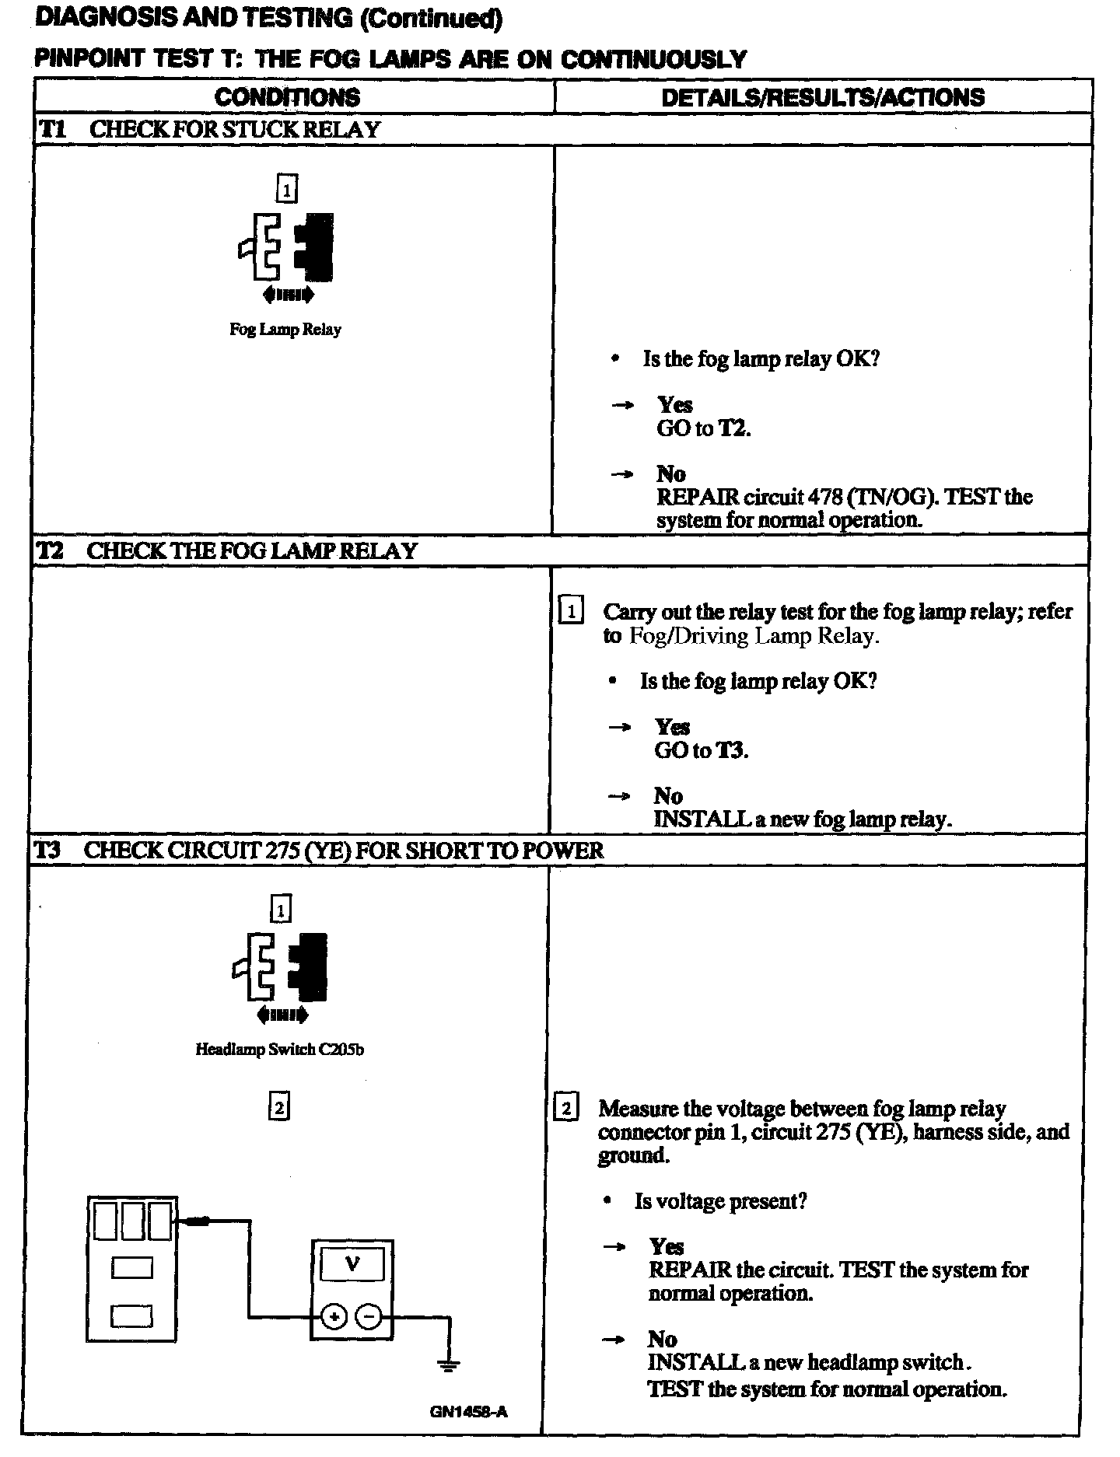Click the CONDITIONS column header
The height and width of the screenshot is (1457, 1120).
pos(287,97)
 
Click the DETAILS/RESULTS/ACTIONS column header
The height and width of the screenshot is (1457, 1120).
pos(822,97)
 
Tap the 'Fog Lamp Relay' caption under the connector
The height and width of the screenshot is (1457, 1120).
pos(285,329)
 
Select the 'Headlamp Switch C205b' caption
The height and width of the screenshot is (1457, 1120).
pos(279,1050)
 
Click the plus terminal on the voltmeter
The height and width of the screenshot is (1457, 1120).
pos(334,1316)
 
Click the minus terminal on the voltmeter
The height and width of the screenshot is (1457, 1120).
pos(369,1316)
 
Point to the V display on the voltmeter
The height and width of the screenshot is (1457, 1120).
pos(352,1265)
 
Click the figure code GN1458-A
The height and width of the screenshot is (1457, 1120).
pos(468,1411)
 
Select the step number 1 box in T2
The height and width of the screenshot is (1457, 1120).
pos(570,611)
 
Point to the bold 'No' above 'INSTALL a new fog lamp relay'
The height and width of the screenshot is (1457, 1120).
pos(668,795)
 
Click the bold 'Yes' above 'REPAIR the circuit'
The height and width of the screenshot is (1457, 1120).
pos(667,1246)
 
